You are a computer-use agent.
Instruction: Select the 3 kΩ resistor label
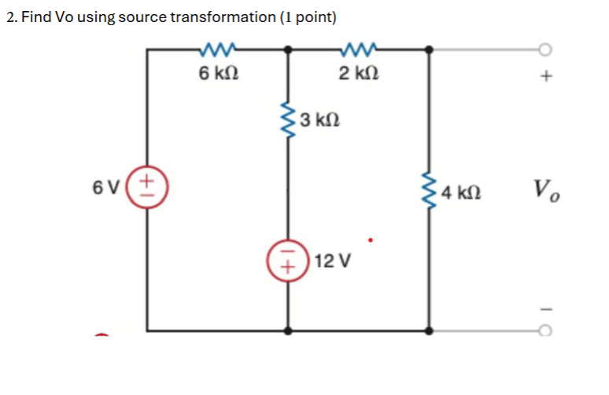320,120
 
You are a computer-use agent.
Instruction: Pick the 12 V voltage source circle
288,260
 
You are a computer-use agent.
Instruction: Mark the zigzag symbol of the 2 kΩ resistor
359,51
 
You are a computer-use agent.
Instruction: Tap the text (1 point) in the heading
308,17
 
